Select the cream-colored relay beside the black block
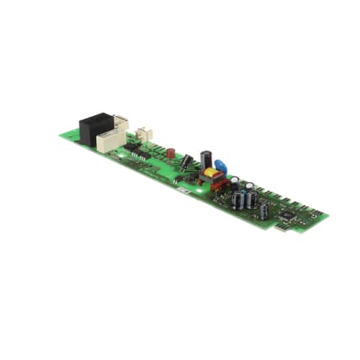(x=110, y=140)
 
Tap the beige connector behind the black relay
(x=121, y=123)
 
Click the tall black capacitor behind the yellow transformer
(x=206, y=159)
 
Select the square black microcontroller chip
(x=287, y=214)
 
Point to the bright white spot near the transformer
(x=199, y=192)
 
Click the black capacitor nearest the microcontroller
(x=264, y=210)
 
